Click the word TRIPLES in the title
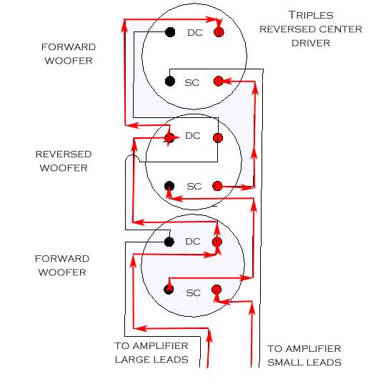point(311,15)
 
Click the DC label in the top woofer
point(195,33)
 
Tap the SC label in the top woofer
point(192,83)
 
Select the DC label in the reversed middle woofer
point(193,136)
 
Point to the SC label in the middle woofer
point(194,187)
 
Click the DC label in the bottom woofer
point(193,242)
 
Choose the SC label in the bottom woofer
point(194,293)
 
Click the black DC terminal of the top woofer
point(170,32)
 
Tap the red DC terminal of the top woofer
point(219,32)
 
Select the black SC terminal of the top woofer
point(170,82)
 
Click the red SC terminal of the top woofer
point(219,81)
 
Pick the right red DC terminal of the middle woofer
point(218,138)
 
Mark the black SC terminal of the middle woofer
point(169,186)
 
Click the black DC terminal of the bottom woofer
point(169,242)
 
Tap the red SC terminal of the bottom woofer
point(217,290)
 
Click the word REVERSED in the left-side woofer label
point(64,154)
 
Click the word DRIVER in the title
point(311,44)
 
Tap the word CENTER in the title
point(340,29)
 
